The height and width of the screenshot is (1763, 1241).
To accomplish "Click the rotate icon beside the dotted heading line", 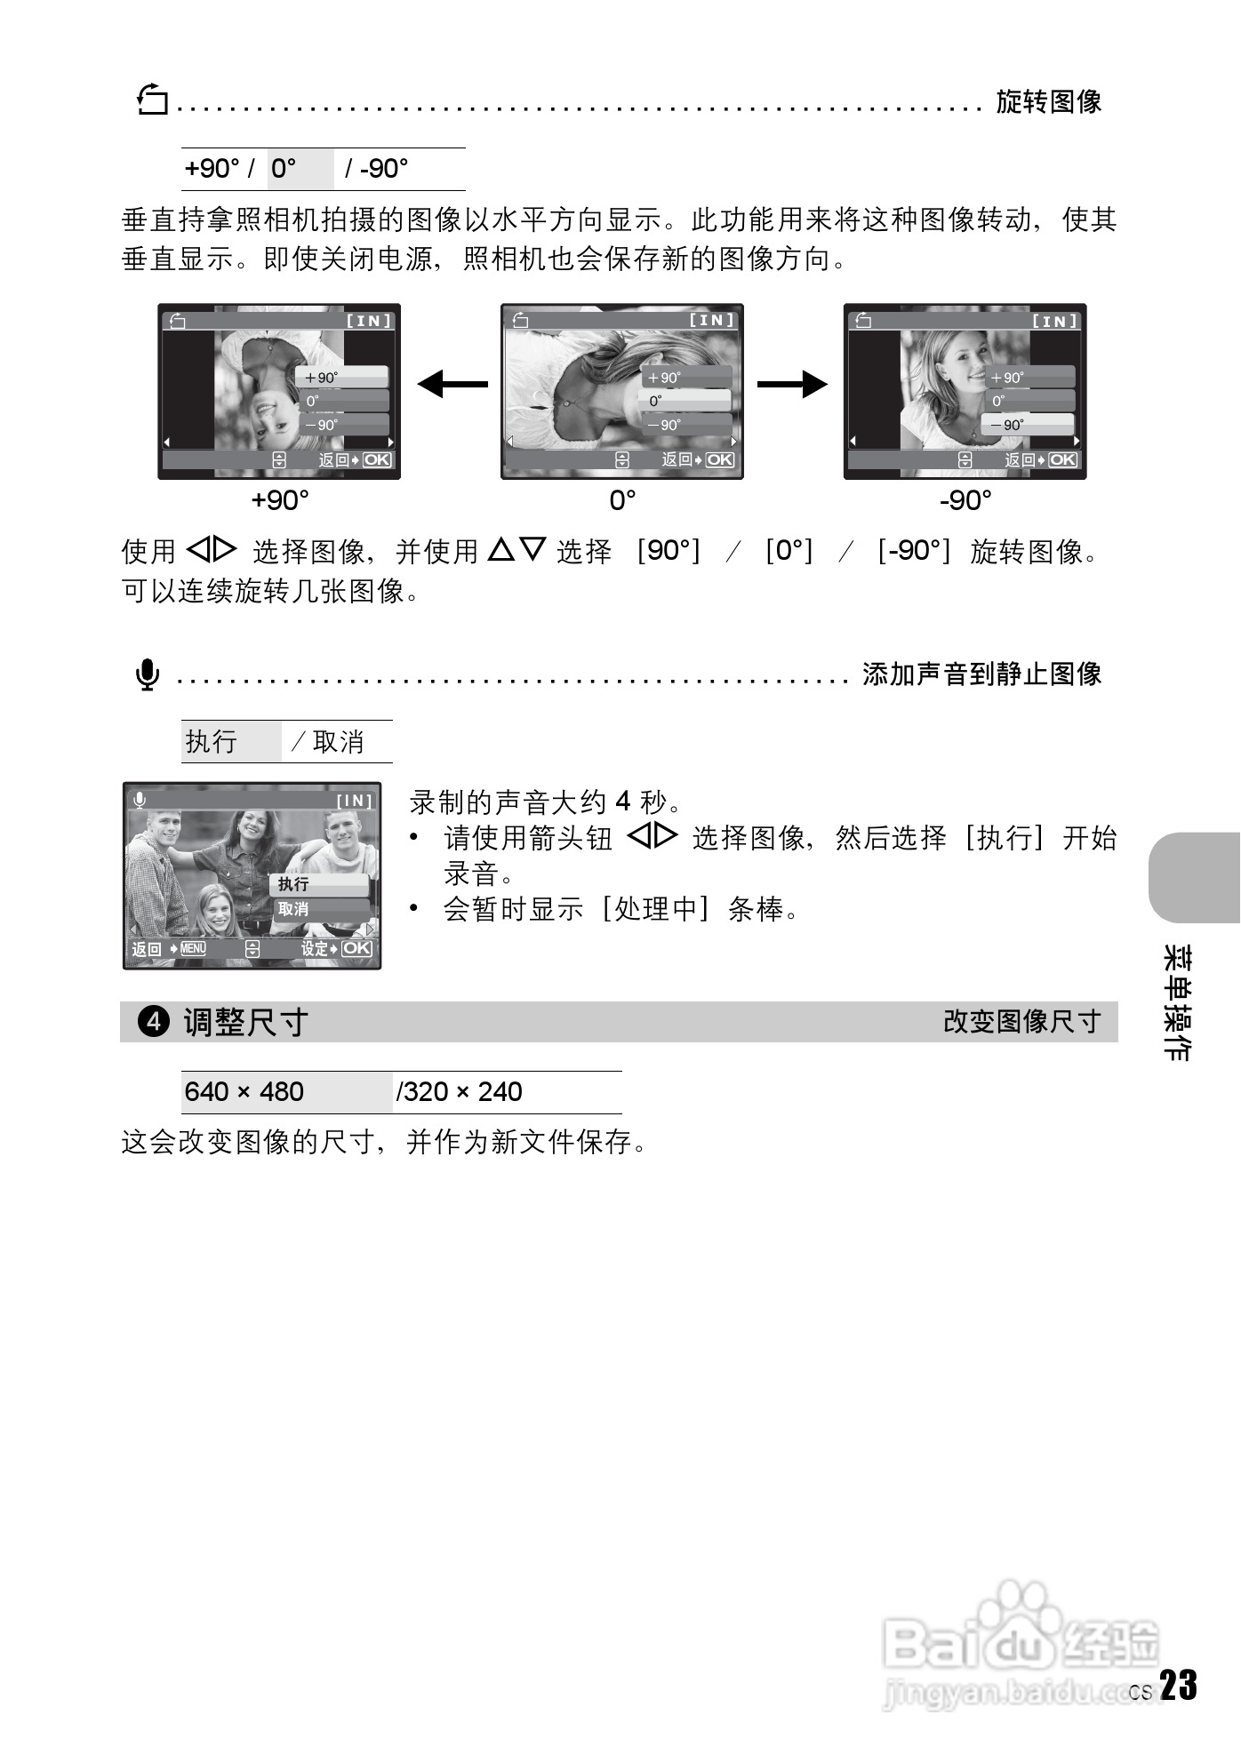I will (x=153, y=100).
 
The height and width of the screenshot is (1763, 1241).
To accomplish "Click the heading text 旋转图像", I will (x=1048, y=102).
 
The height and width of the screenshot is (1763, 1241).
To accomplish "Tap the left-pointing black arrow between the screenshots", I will (x=452, y=385).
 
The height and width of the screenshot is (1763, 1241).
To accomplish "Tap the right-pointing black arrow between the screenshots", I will (x=792, y=385).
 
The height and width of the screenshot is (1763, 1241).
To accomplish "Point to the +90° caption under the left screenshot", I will (x=280, y=500).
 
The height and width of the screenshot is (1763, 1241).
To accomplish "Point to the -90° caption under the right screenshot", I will (x=965, y=500).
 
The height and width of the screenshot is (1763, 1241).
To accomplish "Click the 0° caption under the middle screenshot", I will (x=622, y=500).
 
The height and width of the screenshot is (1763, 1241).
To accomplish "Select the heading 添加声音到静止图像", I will (x=981, y=674).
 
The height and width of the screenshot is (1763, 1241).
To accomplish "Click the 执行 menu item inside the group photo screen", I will (x=294, y=884).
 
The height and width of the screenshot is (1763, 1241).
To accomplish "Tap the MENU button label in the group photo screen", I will (x=193, y=948).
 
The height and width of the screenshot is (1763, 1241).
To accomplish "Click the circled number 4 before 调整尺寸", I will (x=154, y=1022).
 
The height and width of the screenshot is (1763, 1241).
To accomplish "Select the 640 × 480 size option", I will (x=244, y=1092).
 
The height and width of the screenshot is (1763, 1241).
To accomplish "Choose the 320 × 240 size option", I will (x=462, y=1092).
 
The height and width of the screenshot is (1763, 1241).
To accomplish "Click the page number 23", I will (x=1179, y=1685).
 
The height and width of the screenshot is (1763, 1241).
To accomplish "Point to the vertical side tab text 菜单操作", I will (x=1177, y=1003).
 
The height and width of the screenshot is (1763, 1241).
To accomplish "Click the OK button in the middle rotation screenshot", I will (x=719, y=459).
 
